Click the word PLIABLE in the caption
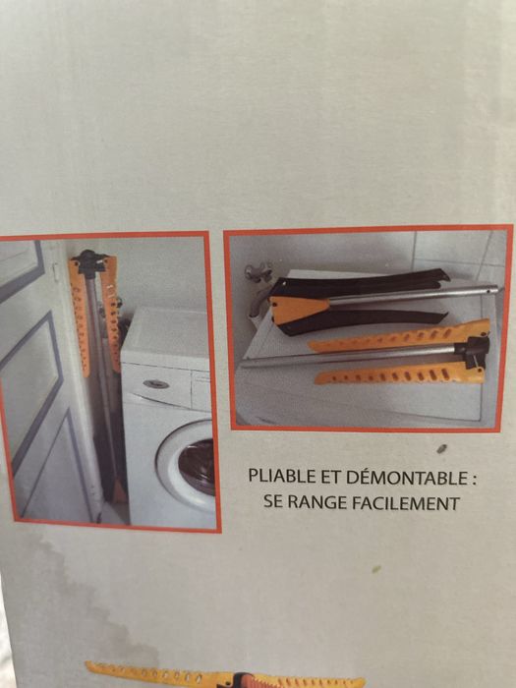pyautogui.click(x=274, y=478)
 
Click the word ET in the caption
pyautogui.click(x=317, y=478)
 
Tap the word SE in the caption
pyautogui.click(x=275, y=503)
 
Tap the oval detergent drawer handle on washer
pyautogui.click(x=155, y=384)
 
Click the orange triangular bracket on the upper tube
pyautogui.click(x=299, y=309)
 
